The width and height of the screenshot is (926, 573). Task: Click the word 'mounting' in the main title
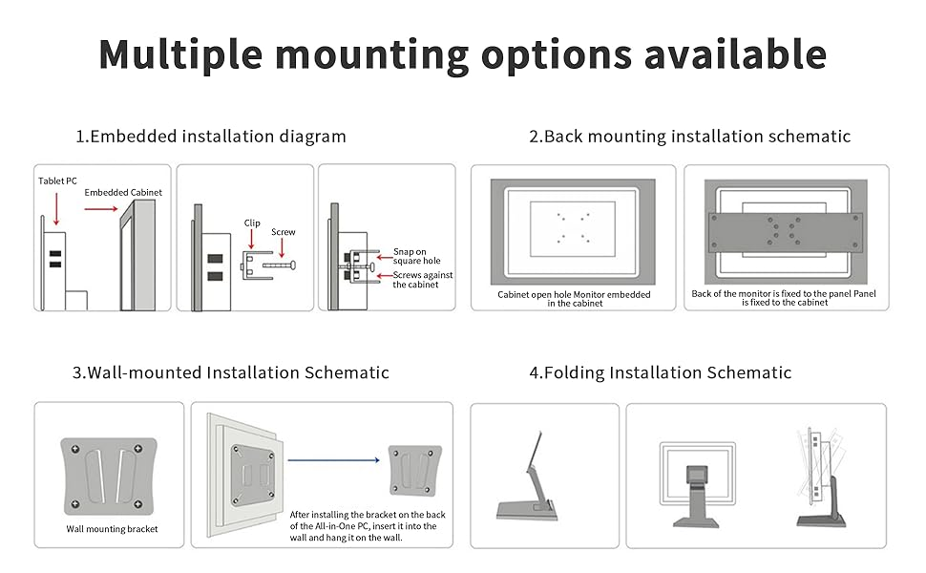point(371,55)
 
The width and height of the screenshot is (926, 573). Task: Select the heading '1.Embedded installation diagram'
point(211,137)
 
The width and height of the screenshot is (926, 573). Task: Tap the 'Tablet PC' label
point(57,180)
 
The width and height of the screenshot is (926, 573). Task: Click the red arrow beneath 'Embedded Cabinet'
point(101,208)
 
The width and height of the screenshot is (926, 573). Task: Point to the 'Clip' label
point(252,223)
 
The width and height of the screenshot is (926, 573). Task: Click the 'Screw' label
point(283,231)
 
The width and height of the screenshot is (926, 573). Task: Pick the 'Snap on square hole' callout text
point(417,256)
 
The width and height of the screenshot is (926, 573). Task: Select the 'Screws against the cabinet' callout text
point(423,280)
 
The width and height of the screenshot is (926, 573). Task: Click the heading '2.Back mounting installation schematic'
point(690,137)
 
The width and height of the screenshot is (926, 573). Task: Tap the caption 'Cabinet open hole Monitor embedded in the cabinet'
point(574,298)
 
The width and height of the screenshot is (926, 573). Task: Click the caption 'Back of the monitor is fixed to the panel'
point(770,293)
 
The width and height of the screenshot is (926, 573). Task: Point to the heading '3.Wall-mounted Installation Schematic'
point(230,372)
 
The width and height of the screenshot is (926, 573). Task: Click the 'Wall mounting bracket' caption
point(112,529)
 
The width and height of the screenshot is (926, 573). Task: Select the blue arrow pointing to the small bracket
point(334,460)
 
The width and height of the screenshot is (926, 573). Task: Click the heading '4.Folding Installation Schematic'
point(661,372)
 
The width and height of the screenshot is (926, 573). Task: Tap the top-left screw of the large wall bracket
point(75,450)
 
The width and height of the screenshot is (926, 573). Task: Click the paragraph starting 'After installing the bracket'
point(368,526)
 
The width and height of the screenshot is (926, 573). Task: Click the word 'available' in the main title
point(735,54)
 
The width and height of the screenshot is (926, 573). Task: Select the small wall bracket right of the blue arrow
point(414,471)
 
